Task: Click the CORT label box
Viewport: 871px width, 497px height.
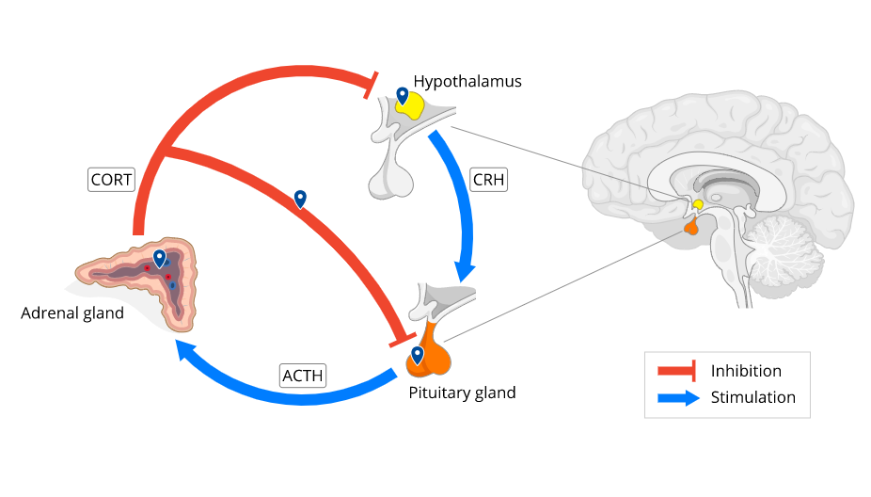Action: click(x=111, y=179)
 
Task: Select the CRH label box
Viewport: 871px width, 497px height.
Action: click(x=488, y=179)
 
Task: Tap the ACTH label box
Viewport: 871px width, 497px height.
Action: click(x=303, y=376)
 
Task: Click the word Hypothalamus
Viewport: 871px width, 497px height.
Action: click(x=467, y=82)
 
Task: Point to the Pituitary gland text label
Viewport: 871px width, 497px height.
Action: click(x=462, y=393)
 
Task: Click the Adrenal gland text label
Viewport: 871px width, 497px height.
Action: click(x=72, y=313)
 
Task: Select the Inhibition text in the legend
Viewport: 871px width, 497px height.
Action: click(x=746, y=371)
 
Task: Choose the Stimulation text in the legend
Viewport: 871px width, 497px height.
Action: click(x=752, y=397)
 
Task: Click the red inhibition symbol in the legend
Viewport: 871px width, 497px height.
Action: click(x=675, y=371)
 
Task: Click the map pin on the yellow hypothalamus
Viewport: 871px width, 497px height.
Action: click(x=403, y=96)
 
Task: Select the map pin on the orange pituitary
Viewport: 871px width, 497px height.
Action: click(x=417, y=355)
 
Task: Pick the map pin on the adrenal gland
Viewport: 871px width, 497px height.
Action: click(x=160, y=258)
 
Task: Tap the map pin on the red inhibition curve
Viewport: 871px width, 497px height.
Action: click(x=300, y=198)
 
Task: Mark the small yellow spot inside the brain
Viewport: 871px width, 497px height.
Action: click(x=698, y=204)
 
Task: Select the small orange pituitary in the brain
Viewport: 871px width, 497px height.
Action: click(x=690, y=227)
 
